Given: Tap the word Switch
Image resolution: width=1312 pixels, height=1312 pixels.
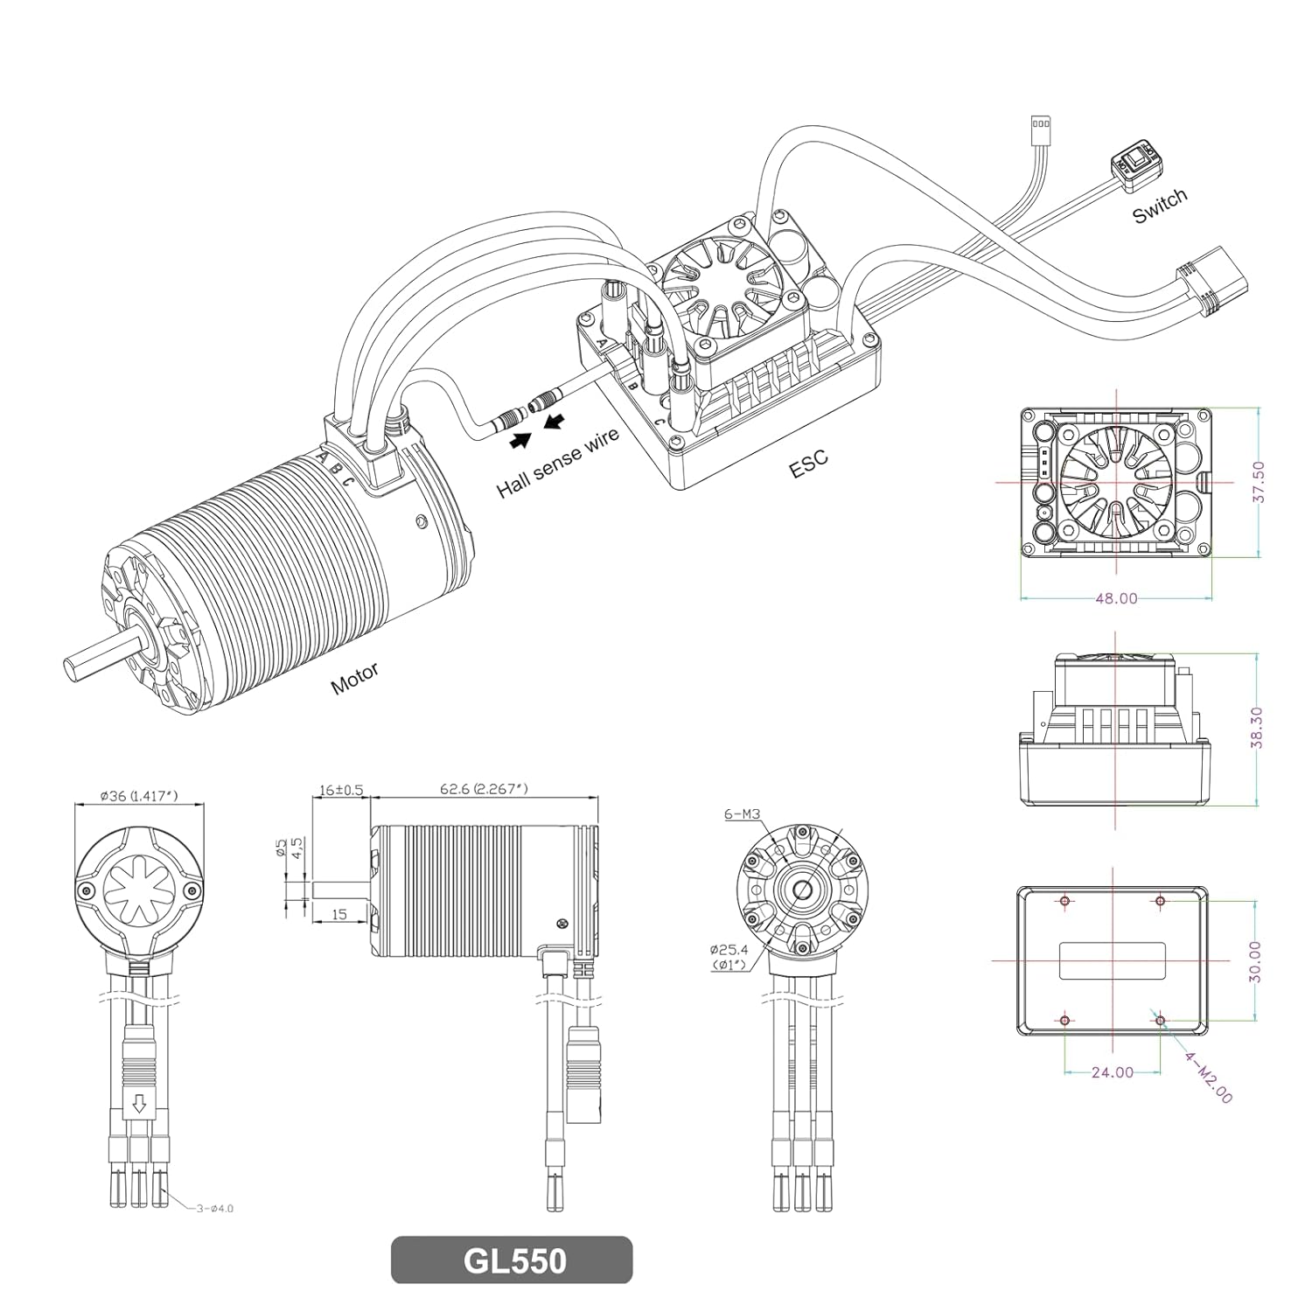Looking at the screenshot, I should pyautogui.click(x=1160, y=206).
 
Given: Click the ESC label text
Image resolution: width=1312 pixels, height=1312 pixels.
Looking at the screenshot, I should pyautogui.click(x=807, y=464).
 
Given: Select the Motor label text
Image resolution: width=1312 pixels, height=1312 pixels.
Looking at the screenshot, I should pyautogui.click(x=354, y=678).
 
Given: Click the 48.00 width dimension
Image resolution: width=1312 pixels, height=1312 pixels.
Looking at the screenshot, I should pyautogui.click(x=1116, y=598).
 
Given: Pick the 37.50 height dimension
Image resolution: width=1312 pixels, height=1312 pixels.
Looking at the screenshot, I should pyautogui.click(x=1259, y=482).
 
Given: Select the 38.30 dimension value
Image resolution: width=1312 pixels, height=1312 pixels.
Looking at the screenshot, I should pyautogui.click(x=1257, y=728).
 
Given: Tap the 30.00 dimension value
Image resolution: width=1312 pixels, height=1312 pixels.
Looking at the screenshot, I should pyautogui.click(x=1255, y=961).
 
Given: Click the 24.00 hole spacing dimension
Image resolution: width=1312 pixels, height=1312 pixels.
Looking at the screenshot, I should pyautogui.click(x=1112, y=1072).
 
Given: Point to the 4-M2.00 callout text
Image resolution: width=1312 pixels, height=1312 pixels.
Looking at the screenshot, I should pyautogui.click(x=1209, y=1078).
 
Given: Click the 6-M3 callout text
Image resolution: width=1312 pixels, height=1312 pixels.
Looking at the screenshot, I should pyautogui.click(x=742, y=813).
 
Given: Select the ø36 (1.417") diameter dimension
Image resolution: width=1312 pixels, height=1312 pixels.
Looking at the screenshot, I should pyautogui.click(x=139, y=796).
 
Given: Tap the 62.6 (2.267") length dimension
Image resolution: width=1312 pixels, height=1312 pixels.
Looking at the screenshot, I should pyautogui.click(x=484, y=789).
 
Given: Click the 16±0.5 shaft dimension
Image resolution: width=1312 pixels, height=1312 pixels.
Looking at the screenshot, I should pyautogui.click(x=340, y=789).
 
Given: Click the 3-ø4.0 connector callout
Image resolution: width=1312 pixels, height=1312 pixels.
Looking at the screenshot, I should pyautogui.click(x=213, y=1209).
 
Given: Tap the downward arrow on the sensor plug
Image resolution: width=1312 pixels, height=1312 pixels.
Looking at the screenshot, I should pyautogui.click(x=137, y=1105).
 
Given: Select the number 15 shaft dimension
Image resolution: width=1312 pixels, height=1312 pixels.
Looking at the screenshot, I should pyautogui.click(x=340, y=914).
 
